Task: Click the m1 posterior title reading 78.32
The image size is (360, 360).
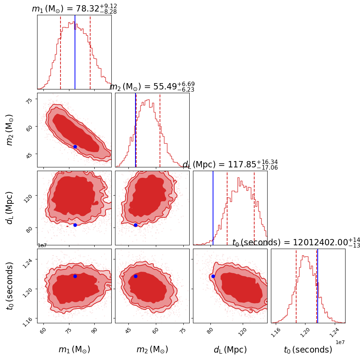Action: (74, 8)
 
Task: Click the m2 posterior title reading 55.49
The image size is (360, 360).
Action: (152, 86)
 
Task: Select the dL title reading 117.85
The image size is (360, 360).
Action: (230, 164)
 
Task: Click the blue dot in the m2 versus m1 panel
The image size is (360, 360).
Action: (75, 147)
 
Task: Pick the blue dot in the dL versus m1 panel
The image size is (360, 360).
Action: (75, 225)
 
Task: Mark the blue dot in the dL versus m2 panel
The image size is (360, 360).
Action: (135, 225)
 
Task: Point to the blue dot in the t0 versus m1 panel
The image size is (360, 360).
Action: (75, 276)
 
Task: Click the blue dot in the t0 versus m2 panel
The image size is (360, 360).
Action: (135, 276)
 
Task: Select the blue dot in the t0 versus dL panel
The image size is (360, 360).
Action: (213, 276)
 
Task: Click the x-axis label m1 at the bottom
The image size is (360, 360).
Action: (74, 350)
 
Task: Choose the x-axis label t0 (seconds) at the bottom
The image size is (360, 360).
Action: (308, 350)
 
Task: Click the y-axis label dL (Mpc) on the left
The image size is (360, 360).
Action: (10, 208)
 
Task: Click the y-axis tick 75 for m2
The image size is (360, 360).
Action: (29, 99)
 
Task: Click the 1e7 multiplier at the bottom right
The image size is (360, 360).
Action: (340, 342)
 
